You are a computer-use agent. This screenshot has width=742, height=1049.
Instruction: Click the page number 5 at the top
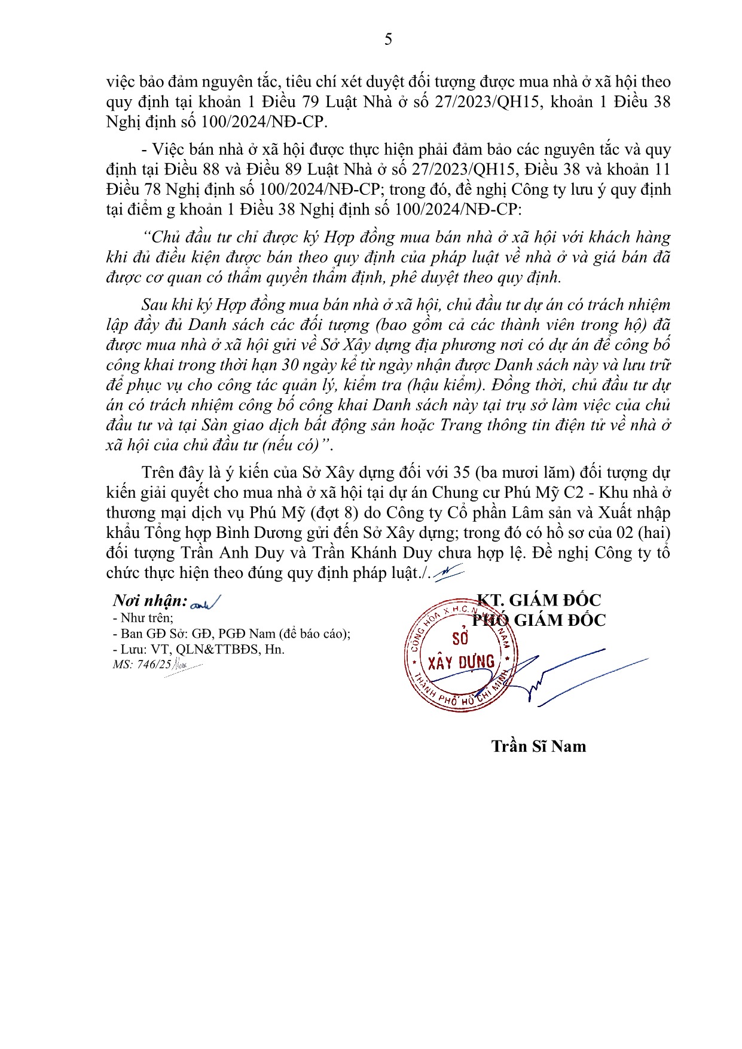click(x=388, y=39)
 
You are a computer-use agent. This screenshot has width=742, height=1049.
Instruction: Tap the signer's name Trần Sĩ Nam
click(x=538, y=746)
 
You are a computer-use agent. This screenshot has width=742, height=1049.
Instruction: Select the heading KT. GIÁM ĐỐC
click(x=538, y=600)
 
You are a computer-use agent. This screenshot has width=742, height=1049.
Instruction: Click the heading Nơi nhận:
click(x=150, y=601)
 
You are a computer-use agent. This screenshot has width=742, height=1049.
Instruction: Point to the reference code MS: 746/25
click(x=142, y=664)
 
